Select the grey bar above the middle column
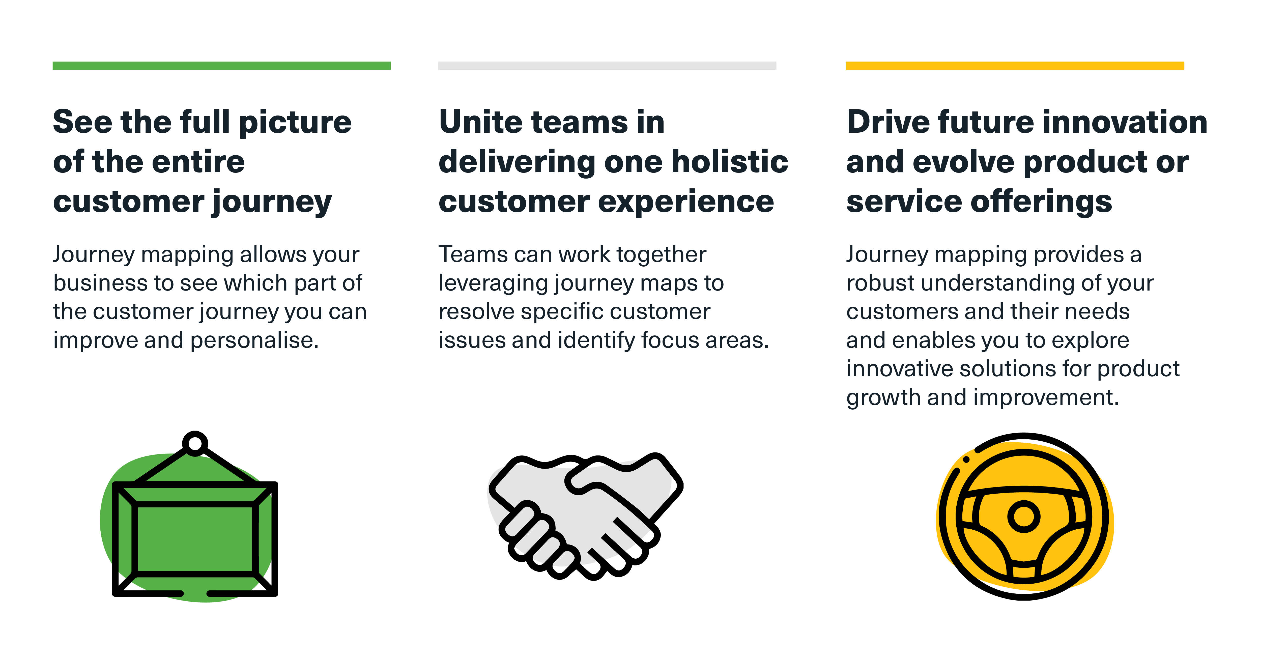click(607, 66)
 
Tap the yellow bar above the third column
click(1015, 66)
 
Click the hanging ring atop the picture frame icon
click(195, 444)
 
